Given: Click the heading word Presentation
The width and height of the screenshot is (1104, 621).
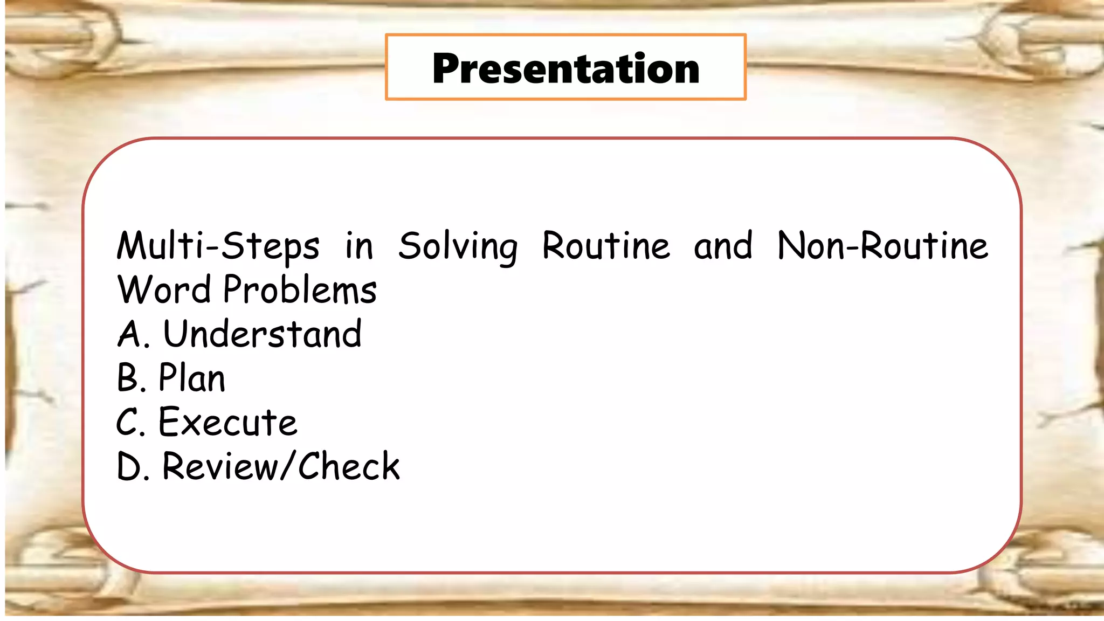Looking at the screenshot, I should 565,68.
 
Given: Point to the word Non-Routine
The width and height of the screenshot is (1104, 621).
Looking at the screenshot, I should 883,246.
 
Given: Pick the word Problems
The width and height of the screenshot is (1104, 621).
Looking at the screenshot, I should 300,289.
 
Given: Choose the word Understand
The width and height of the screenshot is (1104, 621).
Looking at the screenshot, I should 263,334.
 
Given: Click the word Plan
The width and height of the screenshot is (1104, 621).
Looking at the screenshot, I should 192,378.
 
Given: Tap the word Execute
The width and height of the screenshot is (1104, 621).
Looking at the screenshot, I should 227,422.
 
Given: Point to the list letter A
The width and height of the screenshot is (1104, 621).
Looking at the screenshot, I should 129,334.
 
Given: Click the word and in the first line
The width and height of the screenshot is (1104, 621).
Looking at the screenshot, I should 723,246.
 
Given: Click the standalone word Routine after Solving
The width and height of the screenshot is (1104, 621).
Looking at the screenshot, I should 606,246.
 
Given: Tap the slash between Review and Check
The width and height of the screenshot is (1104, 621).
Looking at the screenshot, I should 289,466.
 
